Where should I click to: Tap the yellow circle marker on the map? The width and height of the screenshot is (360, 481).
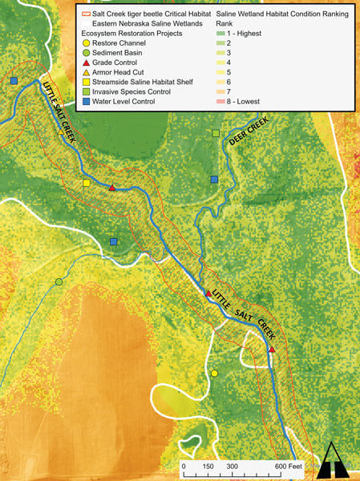point(214,374)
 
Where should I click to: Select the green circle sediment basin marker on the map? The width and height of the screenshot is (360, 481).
point(59,282)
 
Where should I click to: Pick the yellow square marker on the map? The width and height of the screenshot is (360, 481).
point(86,184)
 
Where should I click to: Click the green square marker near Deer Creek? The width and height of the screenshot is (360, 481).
point(216,133)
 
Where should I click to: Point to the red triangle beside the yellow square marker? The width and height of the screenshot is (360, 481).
point(112,188)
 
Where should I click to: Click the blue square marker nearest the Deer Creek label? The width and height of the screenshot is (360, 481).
point(213,180)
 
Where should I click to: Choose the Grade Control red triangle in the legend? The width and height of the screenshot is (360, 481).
point(86,63)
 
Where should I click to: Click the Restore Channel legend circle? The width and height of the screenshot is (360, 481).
point(86,42)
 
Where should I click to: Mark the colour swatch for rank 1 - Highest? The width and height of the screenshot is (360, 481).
point(221,33)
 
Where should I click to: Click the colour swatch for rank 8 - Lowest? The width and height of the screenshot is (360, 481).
point(221,103)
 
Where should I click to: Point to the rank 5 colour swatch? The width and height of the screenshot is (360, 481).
point(221,73)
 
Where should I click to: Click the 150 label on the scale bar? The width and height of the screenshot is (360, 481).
point(208,465)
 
